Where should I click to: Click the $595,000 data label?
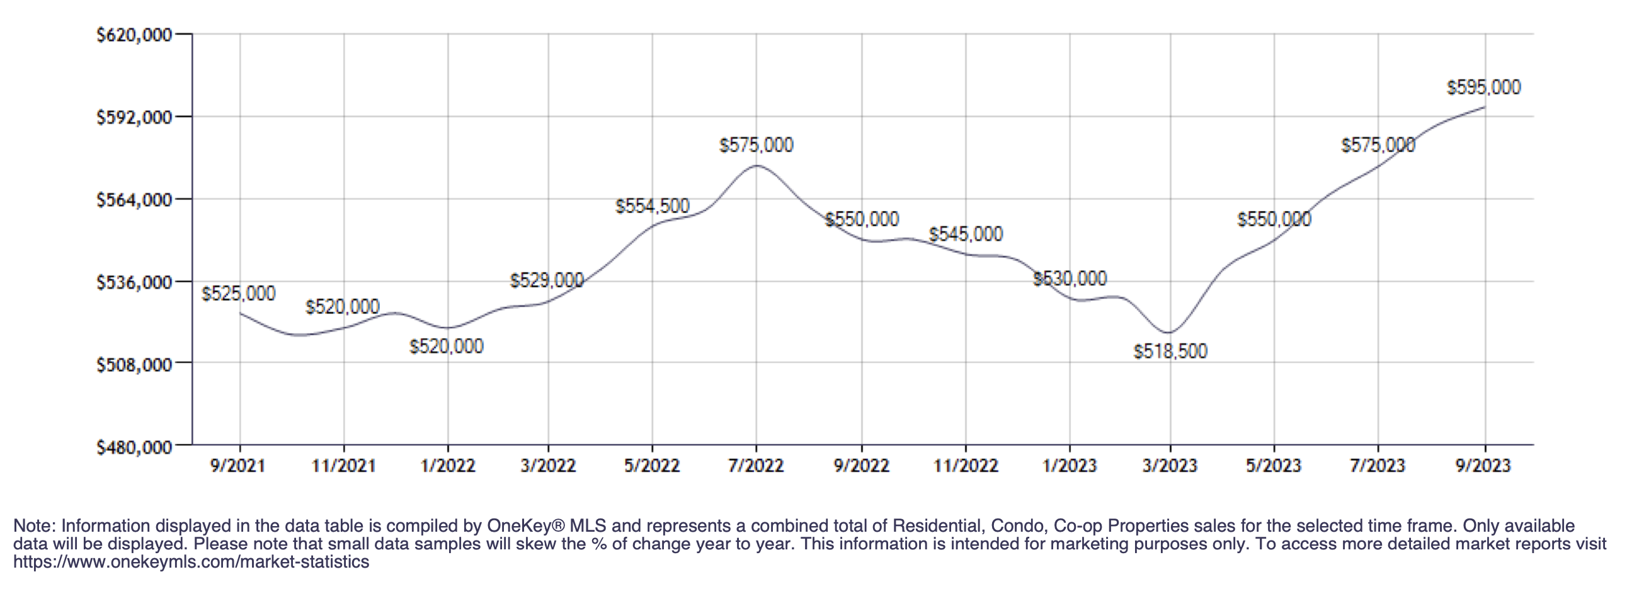pos(1483,88)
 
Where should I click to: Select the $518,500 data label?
pos(1170,351)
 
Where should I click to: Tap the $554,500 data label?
pos(652,206)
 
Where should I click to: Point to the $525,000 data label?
pos(238,294)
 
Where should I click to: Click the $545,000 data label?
pos(966,234)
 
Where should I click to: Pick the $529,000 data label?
pos(546,281)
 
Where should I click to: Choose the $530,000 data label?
pos(1070,279)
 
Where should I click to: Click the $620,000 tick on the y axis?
pos(134,35)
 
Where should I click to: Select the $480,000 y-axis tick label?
pos(134,447)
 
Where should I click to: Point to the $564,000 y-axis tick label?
pos(134,200)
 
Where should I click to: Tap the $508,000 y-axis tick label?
pos(134,365)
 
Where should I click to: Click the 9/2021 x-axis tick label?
pos(237,466)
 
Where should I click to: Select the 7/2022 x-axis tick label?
pos(756,466)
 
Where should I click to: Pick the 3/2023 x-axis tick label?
pos(1169,466)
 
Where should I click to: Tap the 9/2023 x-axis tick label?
pos(1483,466)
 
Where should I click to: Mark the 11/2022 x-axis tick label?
pos(966,466)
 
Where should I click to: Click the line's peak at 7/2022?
pos(756,166)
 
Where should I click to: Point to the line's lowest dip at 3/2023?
pos(1168,333)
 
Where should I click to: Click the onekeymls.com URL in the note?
pos(191,563)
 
